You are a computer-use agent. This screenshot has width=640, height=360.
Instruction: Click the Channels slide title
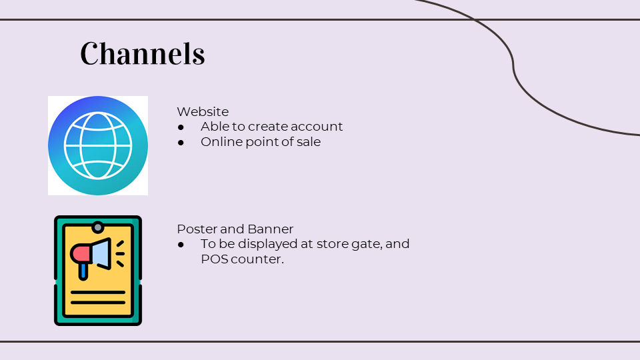143,53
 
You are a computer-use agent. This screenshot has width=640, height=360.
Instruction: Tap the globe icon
98,145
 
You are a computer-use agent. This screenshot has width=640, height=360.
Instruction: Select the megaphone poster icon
98,271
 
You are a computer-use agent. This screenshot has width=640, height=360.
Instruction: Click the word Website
203,111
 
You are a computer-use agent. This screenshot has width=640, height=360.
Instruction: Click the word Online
219,141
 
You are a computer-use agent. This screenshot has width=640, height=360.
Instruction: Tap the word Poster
197,229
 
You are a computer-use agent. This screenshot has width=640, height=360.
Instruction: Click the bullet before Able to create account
181,127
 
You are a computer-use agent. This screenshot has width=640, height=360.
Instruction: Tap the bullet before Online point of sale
181,143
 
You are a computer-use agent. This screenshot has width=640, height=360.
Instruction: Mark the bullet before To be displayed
181,245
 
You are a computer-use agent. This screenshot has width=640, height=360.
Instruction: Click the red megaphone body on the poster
81,254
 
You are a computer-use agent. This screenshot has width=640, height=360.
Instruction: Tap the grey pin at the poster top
97,227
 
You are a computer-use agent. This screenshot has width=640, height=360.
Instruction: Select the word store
333,244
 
